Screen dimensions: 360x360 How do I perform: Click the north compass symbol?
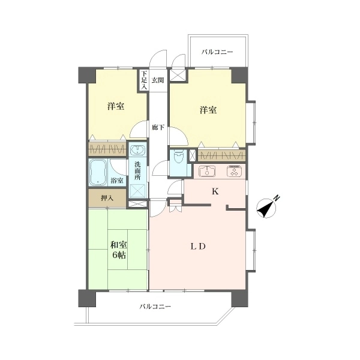point(267,208)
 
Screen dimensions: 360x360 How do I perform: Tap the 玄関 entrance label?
point(158,80)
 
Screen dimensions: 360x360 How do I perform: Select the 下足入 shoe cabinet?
point(144,80)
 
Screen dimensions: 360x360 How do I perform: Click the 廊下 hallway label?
point(158,127)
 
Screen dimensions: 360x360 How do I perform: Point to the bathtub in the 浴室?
point(98,173)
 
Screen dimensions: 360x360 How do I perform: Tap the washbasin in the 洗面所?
point(137,151)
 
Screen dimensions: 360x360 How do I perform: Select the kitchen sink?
point(208,171)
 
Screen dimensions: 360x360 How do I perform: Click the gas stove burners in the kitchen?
point(235,171)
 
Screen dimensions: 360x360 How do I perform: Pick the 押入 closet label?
point(107,198)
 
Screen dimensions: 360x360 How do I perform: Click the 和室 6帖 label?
point(119,250)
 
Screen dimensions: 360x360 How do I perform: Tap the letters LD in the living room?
point(198,247)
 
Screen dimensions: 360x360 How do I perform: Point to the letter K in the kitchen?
point(215,191)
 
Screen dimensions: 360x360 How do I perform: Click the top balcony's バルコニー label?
point(217,52)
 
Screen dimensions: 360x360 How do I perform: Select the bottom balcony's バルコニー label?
point(155,307)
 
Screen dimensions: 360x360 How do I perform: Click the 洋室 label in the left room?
point(116,106)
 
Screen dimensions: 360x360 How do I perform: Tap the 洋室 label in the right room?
point(208,110)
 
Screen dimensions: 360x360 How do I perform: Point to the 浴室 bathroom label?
point(117,181)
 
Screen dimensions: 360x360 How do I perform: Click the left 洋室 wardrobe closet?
point(107,149)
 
